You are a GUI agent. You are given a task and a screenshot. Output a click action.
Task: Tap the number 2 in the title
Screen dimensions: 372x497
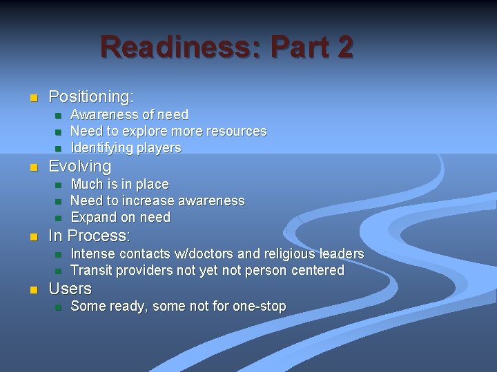(x=345, y=47)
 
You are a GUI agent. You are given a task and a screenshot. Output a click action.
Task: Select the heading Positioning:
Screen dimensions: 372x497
(x=91, y=96)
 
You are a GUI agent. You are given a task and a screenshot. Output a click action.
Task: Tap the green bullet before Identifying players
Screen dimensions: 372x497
(x=59, y=148)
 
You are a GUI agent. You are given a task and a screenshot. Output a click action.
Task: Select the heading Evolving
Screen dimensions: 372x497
(x=80, y=166)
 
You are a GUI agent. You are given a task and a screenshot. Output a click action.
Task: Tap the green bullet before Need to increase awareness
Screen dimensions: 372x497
(x=59, y=201)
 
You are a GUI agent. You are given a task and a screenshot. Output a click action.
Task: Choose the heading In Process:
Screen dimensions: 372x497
(x=89, y=236)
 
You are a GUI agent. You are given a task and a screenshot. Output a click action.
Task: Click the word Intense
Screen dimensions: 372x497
(x=92, y=254)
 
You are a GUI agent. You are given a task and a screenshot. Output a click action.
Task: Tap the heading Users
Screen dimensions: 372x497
(x=70, y=289)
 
